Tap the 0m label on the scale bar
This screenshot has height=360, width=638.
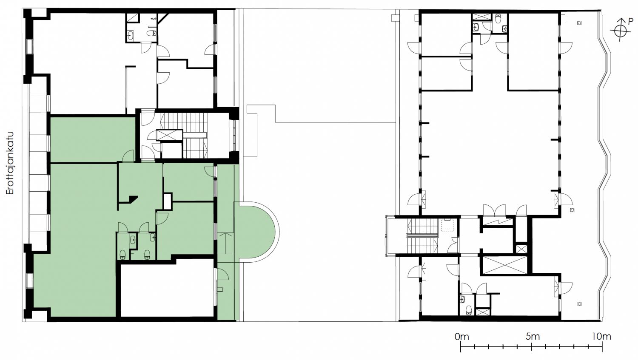point(461,337)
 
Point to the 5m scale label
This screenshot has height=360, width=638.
point(533,337)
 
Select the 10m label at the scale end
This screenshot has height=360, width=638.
point(601,337)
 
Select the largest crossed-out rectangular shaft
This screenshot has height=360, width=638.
point(504,265)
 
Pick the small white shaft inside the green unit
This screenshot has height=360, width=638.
point(168,201)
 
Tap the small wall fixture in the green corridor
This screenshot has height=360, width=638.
point(220,289)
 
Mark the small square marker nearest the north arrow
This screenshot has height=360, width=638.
point(579,23)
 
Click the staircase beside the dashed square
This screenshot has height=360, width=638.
point(422,235)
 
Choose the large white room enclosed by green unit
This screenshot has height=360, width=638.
point(167,290)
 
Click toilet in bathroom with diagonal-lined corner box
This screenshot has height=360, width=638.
point(151,33)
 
